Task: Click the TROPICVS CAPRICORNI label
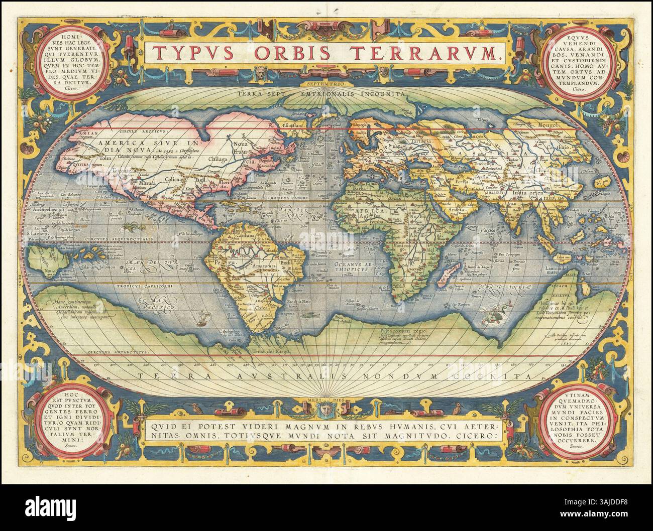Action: pos(138,287)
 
